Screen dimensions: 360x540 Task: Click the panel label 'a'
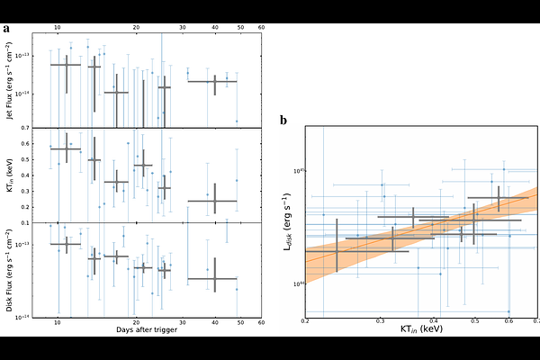(x=7, y=28)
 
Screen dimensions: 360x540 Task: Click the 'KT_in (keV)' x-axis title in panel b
(x=421, y=330)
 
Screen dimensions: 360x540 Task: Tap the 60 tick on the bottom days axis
(x=261, y=321)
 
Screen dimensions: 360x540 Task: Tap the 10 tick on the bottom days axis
(x=58, y=321)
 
